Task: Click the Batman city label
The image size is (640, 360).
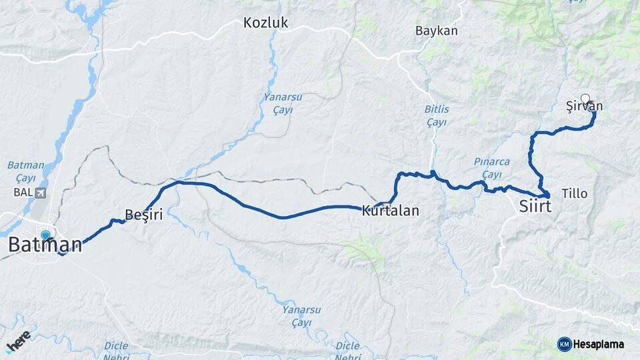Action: tap(45, 245)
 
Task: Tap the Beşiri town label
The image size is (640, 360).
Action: tap(144, 214)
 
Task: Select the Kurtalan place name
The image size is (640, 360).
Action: tap(390, 211)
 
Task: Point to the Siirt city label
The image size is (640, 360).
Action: tap(535, 207)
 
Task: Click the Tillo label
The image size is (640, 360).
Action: tap(575, 193)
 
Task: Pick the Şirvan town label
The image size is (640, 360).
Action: tap(584, 107)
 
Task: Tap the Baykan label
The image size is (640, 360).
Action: tap(436, 31)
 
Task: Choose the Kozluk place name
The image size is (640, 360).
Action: tap(265, 23)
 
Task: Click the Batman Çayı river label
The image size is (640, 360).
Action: tap(25, 171)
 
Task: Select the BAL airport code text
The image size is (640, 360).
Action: tap(21, 193)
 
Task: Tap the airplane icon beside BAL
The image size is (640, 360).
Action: tap(40, 193)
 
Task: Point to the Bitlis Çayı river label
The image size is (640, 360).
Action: tap(437, 115)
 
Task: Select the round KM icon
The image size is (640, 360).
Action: tap(564, 344)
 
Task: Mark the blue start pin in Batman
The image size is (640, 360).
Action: tap(45, 235)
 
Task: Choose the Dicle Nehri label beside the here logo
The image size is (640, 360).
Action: tap(116, 351)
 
